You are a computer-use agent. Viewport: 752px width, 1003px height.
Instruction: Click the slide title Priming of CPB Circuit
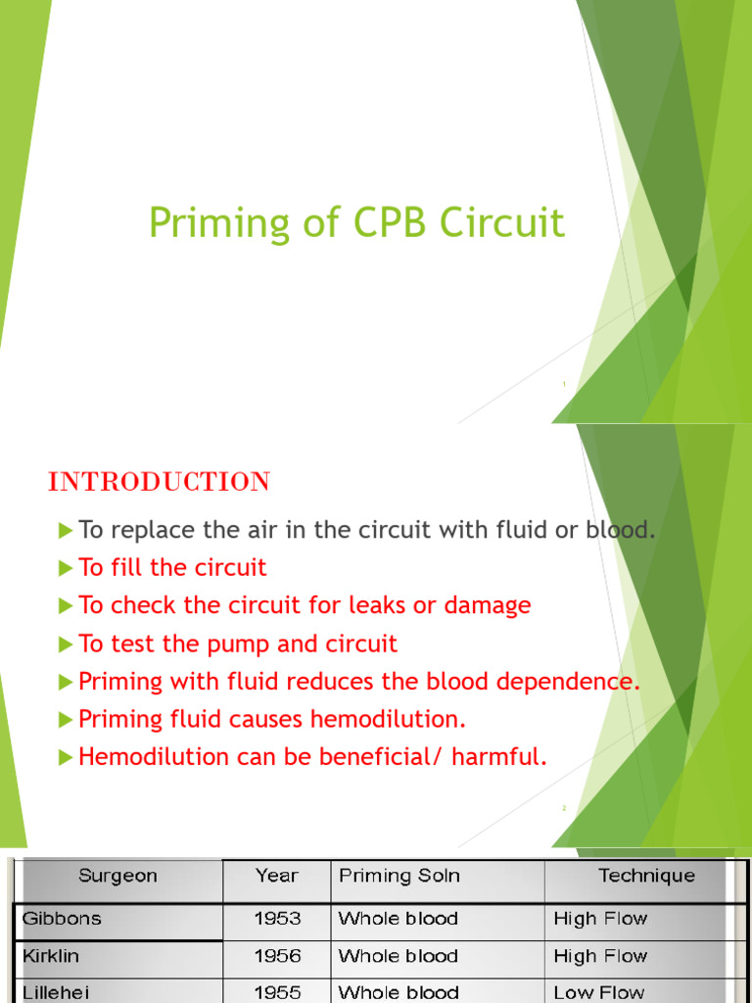click(x=356, y=223)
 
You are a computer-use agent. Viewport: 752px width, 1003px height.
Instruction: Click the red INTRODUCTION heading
click(x=160, y=482)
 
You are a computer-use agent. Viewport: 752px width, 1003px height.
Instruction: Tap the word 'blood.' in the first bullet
click(x=620, y=530)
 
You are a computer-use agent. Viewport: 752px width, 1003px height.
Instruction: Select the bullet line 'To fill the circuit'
click(x=172, y=568)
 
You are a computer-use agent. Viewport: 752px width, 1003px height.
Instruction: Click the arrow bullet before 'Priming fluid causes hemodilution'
click(x=66, y=719)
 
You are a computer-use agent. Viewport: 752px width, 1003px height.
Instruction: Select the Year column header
click(x=276, y=876)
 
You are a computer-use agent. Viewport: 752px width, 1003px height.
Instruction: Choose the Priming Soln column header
click(x=399, y=876)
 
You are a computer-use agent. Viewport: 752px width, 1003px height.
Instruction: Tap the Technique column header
click(x=646, y=876)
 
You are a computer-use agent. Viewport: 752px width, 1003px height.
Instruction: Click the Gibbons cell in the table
click(x=64, y=919)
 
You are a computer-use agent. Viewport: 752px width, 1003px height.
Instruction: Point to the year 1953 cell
click(x=277, y=919)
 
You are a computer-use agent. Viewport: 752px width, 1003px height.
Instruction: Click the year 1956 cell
click(x=277, y=956)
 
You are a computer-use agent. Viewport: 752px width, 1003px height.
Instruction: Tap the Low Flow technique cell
click(x=599, y=992)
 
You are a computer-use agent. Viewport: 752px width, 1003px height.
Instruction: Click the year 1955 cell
click(x=277, y=992)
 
